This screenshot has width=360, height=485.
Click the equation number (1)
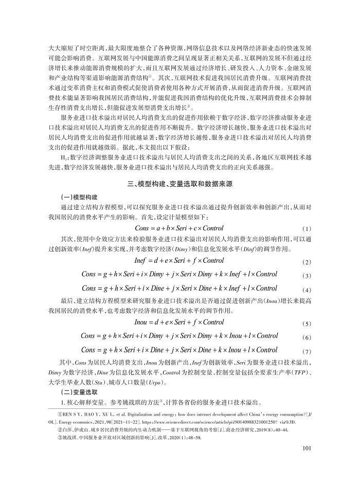(x=308, y=228)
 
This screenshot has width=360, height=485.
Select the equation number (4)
(x=308, y=289)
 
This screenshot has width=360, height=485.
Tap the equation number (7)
(x=308, y=351)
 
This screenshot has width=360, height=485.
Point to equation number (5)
(x=308, y=324)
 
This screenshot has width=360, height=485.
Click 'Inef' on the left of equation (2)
(x=141, y=261)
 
